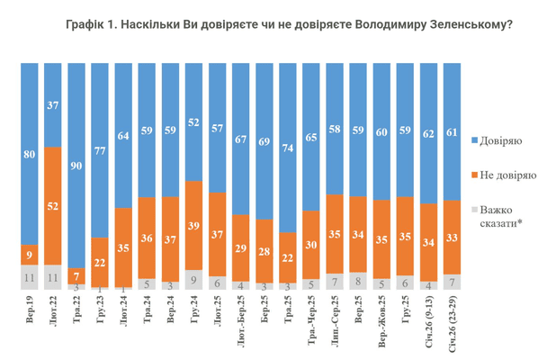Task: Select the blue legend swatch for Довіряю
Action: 474,140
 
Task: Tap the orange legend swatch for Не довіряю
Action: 474,173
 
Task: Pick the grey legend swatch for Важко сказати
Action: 474,206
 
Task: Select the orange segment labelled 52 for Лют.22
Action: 54,206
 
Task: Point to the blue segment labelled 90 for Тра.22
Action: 78,165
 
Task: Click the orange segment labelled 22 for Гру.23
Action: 103,262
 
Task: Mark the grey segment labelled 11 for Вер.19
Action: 30,278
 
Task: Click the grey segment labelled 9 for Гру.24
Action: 194,280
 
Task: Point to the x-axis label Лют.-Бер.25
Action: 240,322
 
